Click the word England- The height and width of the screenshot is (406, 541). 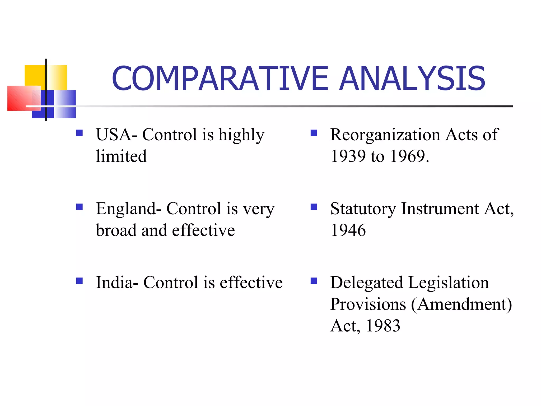[x=129, y=209]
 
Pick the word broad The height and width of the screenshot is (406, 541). [x=116, y=230]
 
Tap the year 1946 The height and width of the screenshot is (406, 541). [x=348, y=230]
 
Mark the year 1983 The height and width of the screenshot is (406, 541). [x=383, y=326]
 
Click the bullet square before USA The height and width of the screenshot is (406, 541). [x=79, y=133]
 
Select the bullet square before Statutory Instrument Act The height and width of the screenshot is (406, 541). [x=314, y=207]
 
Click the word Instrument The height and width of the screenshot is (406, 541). [x=440, y=209]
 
